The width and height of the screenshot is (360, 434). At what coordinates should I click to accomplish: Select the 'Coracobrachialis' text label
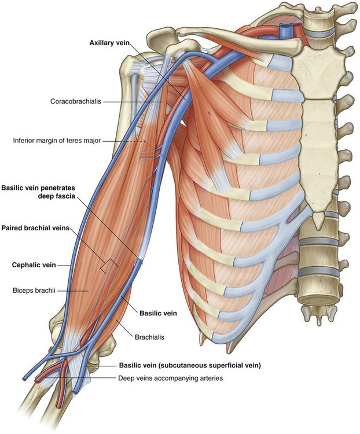(x=75, y=101)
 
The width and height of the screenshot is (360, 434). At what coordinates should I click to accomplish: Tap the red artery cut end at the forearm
(x=39, y=381)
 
